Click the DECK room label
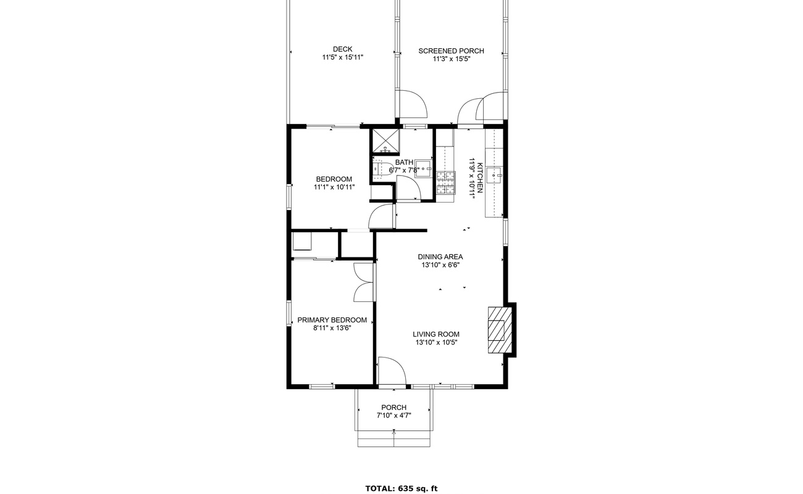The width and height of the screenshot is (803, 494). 342,49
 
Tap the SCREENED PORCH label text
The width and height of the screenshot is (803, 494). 451,51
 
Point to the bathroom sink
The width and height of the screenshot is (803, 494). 423,168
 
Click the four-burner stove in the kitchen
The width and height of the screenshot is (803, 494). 445,183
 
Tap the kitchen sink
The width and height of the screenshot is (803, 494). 495,175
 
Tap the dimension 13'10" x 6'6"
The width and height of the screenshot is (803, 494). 440,265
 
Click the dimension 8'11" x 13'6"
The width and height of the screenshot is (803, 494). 332,329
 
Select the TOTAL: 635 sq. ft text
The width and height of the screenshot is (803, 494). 401,488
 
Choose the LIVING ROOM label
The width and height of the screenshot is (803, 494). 436,334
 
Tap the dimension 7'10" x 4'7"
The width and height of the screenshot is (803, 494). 393,416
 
